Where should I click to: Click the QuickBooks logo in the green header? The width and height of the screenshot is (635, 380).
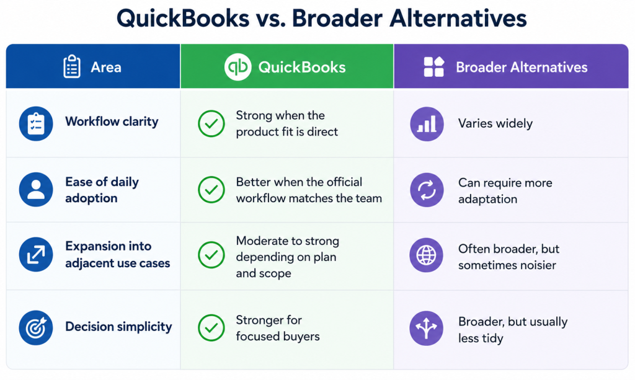tap(238, 67)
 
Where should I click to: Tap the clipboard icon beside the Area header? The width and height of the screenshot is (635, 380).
tap(72, 66)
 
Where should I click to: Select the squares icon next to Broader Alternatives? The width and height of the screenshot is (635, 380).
tap(433, 67)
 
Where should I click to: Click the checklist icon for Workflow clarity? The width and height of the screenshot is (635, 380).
tap(36, 123)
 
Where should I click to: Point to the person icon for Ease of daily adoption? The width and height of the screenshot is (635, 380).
tap(36, 190)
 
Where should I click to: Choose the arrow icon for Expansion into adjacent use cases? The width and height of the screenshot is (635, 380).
tap(36, 255)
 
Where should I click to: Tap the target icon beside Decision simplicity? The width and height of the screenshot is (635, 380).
tap(36, 327)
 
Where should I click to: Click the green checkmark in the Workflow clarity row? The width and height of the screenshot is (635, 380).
tap(211, 123)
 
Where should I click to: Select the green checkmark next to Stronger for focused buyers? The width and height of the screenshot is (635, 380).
tap(211, 328)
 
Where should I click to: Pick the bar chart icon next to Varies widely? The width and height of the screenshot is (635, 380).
tap(427, 124)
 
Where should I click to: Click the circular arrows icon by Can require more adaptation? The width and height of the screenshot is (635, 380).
tap(427, 190)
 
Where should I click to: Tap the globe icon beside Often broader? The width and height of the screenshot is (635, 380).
tap(427, 255)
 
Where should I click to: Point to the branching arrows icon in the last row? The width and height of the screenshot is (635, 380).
tap(427, 328)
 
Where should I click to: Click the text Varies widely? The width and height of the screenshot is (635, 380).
tap(495, 123)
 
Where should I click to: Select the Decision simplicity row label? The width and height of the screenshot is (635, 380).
tap(118, 327)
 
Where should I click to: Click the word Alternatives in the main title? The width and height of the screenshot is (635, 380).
tap(458, 18)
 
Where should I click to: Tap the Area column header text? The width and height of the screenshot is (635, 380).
tap(106, 67)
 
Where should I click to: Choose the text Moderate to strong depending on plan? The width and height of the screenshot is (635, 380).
tap(288, 249)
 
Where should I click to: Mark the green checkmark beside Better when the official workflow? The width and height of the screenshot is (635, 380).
tap(211, 190)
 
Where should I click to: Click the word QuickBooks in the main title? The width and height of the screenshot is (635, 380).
tap(183, 19)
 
